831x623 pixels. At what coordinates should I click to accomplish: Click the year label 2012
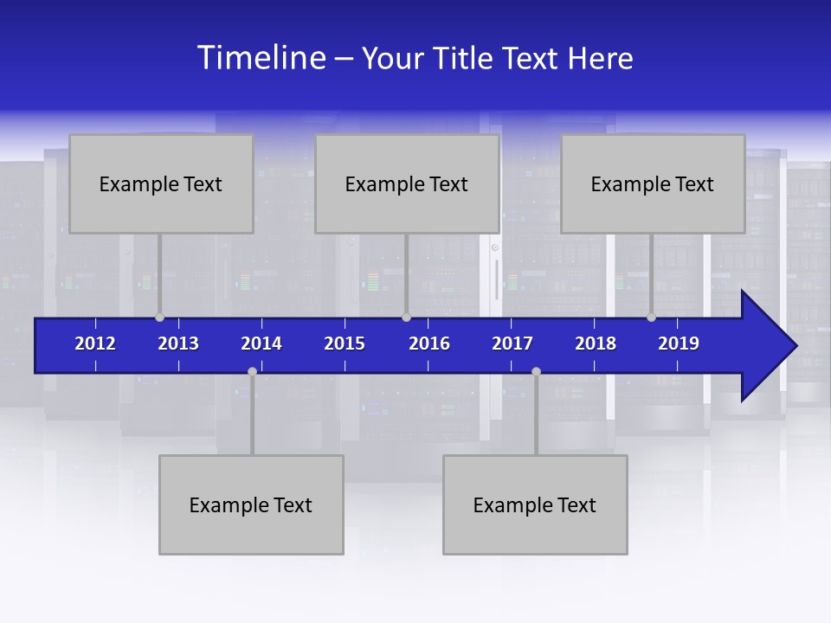[95, 344]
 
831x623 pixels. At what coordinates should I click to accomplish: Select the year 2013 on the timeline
[178, 344]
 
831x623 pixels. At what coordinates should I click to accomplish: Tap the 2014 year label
[261, 344]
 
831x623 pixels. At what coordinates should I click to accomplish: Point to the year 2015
[345, 344]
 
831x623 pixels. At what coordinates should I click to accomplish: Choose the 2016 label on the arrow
[429, 344]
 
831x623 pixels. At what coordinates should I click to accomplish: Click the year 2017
[512, 344]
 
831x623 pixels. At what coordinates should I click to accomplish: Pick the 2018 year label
[596, 344]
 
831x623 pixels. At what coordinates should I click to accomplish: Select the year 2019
[679, 344]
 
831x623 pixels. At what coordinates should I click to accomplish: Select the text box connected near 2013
[161, 183]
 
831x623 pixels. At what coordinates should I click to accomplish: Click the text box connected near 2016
[407, 183]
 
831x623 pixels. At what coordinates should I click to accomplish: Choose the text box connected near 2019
[653, 183]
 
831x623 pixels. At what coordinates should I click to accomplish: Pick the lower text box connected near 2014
[251, 504]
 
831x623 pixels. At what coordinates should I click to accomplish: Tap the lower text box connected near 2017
[535, 504]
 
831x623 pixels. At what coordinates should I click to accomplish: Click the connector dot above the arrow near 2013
[159, 318]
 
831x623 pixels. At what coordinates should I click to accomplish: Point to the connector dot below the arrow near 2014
[252, 371]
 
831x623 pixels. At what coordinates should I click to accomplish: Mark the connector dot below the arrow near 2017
[536, 371]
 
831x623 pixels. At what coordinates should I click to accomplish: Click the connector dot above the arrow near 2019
[651, 318]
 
